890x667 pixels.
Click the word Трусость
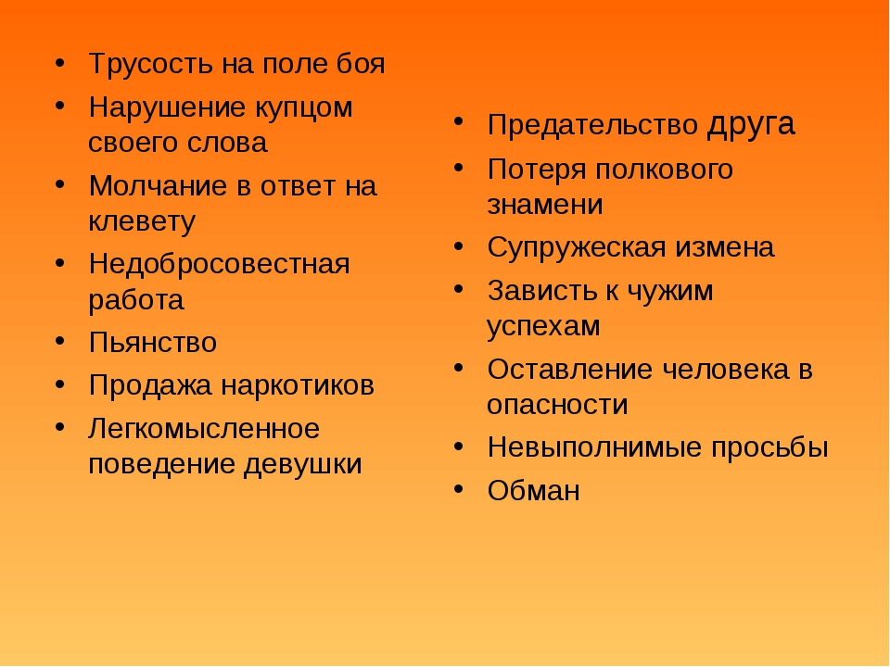(x=151, y=65)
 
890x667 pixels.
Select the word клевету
(x=142, y=220)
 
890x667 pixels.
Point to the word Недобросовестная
(x=219, y=264)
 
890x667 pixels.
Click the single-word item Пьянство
(x=153, y=343)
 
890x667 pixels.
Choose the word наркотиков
(x=298, y=385)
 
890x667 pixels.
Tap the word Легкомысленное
(x=204, y=429)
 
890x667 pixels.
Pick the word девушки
(x=303, y=465)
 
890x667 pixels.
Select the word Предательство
(x=592, y=125)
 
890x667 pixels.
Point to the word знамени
(x=545, y=205)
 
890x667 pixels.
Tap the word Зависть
(x=542, y=291)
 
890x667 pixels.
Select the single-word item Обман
(x=534, y=491)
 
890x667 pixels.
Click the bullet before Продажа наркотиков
(x=60, y=385)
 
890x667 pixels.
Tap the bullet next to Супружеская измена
(x=459, y=247)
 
